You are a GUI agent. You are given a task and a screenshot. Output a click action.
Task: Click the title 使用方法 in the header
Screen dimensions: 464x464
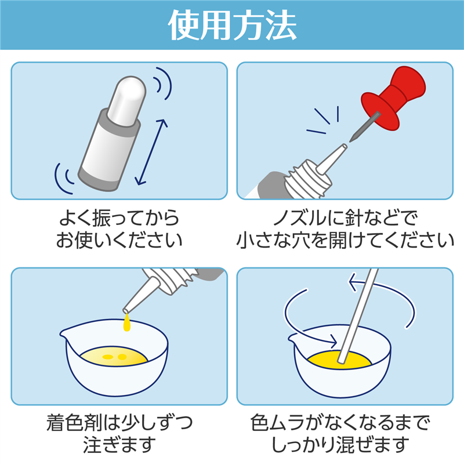232,25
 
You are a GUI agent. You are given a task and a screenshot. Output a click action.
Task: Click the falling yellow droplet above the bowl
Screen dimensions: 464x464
126,323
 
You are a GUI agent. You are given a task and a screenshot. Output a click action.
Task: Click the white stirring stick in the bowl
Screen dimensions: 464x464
355,325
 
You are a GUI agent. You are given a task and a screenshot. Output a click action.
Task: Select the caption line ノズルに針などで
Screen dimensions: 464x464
345,219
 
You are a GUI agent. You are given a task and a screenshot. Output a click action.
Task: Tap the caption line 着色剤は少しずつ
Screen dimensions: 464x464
118,424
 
